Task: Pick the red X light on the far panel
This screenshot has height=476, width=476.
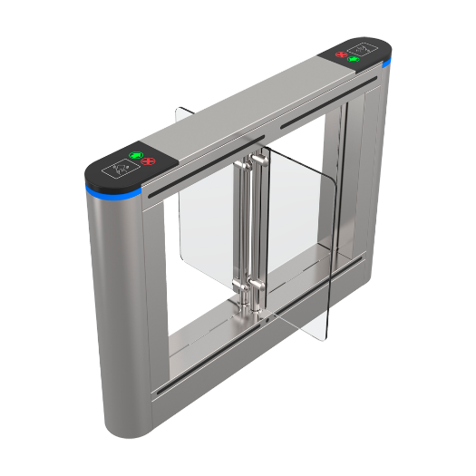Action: point(342,54)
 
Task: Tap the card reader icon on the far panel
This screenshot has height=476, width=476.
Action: point(367,46)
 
